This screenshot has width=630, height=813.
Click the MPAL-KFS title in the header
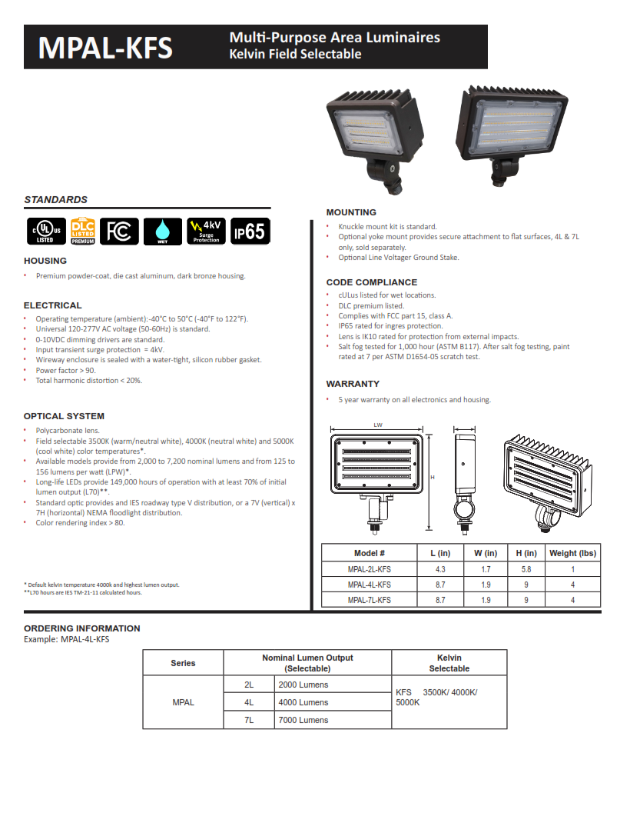coord(105,48)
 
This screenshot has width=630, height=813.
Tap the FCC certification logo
coord(119,231)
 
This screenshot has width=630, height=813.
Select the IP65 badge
coord(250,231)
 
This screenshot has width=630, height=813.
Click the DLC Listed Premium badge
coord(82,231)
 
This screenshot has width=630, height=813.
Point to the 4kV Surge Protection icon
coord(206,231)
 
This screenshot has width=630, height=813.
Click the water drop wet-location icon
coord(163,231)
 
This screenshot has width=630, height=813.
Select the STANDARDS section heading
coord(55,199)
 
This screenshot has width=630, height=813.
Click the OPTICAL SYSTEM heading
coord(64,416)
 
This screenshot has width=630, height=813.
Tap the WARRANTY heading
coord(353,384)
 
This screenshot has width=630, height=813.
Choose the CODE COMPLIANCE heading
coord(371,282)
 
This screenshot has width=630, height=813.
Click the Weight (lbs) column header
coord(572,553)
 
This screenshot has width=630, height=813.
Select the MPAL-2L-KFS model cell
coord(369,570)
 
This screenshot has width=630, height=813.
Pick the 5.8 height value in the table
coord(526,570)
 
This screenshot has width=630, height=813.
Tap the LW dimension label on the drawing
coord(378,425)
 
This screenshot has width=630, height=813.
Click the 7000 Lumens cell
coord(303,720)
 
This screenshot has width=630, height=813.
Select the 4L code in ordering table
coord(249,702)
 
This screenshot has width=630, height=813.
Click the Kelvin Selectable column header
coord(449,663)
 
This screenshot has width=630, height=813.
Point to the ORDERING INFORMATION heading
coord(82,628)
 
